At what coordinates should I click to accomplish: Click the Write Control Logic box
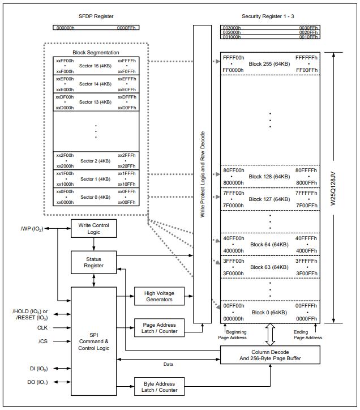pyautogui.click(x=93, y=228)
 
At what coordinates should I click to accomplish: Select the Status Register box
pyautogui.click(x=93, y=262)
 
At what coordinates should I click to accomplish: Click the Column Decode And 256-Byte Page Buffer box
pyautogui.click(x=270, y=355)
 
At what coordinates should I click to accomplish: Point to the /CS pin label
pyautogui.click(x=43, y=341)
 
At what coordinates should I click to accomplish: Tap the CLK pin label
pyautogui.click(x=43, y=327)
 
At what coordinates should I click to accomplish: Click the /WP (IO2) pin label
pyautogui.click(x=30, y=228)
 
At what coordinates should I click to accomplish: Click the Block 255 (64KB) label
pyautogui.click(x=270, y=63)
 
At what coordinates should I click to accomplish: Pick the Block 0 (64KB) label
pyautogui.click(x=270, y=313)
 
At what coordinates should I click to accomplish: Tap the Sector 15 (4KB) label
pyautogui.click(x=96, y=66)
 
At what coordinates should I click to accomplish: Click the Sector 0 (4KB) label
pyautogui.click(x=96, y=197)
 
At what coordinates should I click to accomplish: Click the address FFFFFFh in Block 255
pyautogui.click(x=306, y=58)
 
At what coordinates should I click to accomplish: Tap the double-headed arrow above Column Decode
pyautogui.click(x=269, y=334)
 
